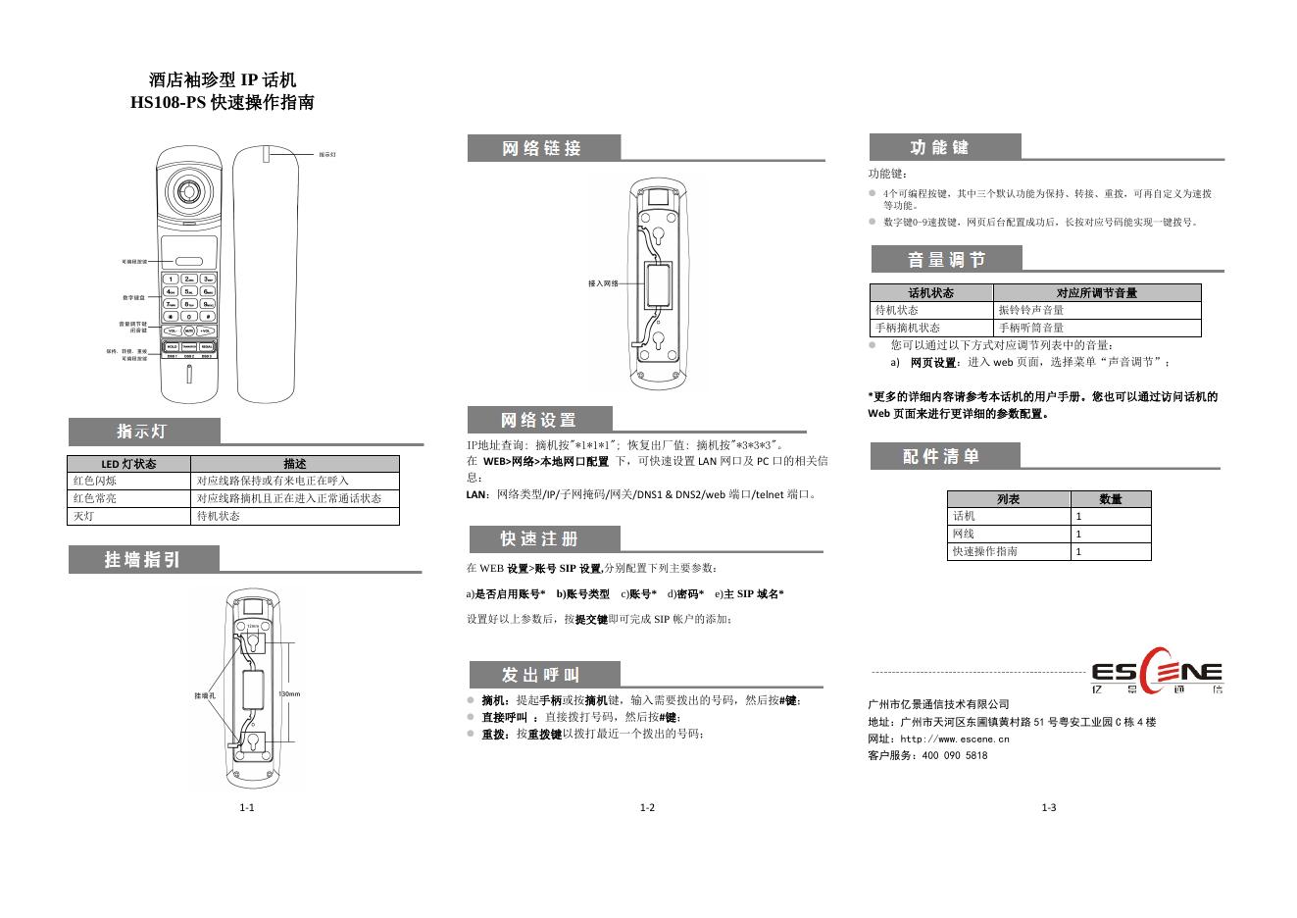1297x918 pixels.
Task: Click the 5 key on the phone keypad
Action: pyautogui.click(x=189, y=291)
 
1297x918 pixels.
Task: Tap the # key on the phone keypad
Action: pyautogui.click(x=208, y=317)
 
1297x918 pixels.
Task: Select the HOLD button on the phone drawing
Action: pyautogui.click(x=172, y=346)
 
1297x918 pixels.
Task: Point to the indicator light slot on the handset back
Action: pyautogui.click(x=266, y=153)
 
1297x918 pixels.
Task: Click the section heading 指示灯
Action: pyautogui.click(x=142, y=432)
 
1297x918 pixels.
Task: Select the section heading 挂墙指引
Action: pyautogui.click(x=143, y=560)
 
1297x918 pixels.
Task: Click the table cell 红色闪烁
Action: pyautogui.click(x=95, y=481)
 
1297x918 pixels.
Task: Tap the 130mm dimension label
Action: pyautogui.click(x=289, y=694)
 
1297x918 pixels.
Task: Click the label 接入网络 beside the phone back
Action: pyautogui.click(x=603, y=283)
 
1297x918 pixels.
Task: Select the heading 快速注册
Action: pyautogui.click(x=540, y=539)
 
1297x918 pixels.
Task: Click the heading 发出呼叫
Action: pyautogui.click(x=541, y=675)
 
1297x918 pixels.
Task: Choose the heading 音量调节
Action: pyautogui.click(x=946, y=260)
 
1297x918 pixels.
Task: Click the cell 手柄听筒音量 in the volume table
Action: pyautogui.click(x=1031, y=328)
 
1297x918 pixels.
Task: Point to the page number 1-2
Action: pyautogui.click(x=647, y=808)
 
